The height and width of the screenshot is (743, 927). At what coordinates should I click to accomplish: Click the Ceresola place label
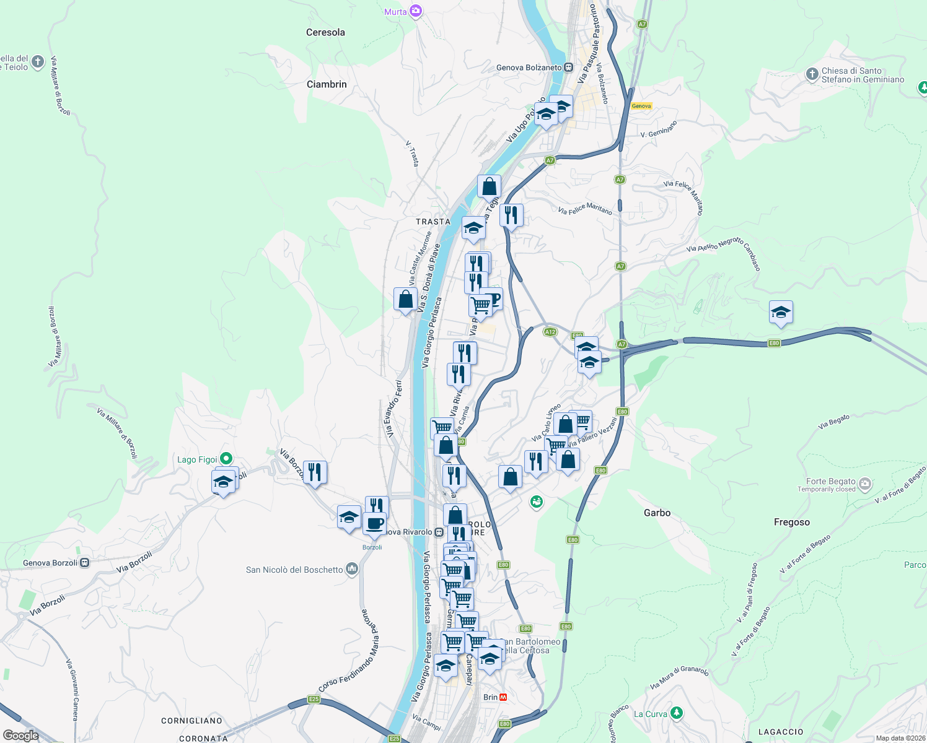click(325, 32)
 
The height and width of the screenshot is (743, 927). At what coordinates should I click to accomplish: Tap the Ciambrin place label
click(327, 84)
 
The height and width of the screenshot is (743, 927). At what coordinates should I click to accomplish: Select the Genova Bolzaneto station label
click(529, 67)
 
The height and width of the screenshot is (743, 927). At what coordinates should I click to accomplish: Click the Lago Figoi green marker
click(226, 459)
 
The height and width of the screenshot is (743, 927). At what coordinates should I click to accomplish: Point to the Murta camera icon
click(416, 11)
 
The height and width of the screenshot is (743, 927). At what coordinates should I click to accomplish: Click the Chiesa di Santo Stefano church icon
click(812, 75)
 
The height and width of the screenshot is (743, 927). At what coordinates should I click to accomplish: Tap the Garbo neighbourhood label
click(657, 513)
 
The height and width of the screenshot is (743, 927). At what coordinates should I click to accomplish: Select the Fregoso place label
click(791, 522)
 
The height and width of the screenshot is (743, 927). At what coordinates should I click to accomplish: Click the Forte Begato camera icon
click(866, 483)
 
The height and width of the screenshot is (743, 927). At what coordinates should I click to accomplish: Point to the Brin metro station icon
click(503, 697)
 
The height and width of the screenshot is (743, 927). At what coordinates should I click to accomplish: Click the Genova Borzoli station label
click(50, 563)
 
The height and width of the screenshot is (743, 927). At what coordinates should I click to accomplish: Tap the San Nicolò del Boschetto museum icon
click(352, 569)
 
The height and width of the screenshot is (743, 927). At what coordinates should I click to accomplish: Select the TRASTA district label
click(433, 222)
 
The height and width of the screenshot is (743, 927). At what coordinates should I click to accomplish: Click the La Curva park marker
click(677, 713)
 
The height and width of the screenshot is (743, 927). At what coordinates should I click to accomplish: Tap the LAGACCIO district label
click(781, 732)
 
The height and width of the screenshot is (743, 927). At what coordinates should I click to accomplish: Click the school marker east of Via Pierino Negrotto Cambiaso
click(781, 313)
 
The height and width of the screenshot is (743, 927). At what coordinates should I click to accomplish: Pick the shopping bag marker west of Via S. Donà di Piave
click(405, 300)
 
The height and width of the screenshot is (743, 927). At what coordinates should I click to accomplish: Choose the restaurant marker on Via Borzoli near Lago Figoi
click(315, 472)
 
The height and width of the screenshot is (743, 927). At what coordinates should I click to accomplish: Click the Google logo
click(21, 736)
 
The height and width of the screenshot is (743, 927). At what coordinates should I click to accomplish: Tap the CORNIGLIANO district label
click(191, 721)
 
